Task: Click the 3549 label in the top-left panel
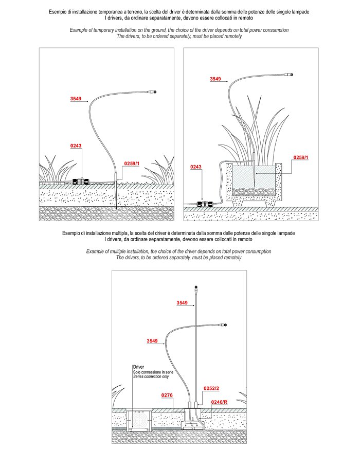(76, 98)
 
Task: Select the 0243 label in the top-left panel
(76, 146)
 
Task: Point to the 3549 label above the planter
(216, 79)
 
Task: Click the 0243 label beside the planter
(196, 167)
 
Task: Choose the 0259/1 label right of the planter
(301, 157)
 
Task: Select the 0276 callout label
(167, 395)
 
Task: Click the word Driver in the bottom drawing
(138, 367)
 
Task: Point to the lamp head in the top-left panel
(154, 93)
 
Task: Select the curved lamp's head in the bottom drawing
(224, 325)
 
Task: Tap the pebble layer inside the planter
(255, 191)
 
